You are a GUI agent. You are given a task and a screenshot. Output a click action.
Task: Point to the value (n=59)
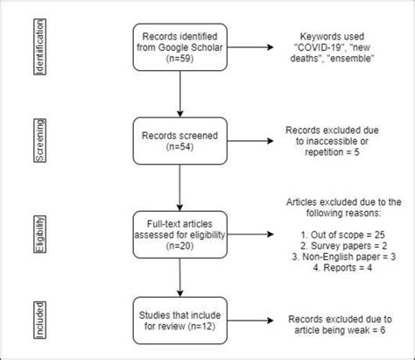coord(179,63)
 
